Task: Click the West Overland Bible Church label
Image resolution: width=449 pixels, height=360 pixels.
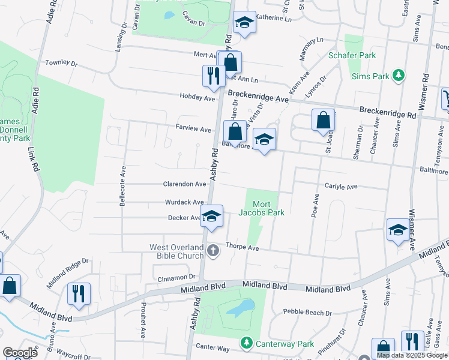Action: pos(177,251)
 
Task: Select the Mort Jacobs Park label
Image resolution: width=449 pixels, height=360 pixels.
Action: pos(264,208)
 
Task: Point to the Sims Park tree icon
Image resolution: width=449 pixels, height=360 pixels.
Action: pos(397,75)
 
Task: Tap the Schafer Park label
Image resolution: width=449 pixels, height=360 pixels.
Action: pos(352,56)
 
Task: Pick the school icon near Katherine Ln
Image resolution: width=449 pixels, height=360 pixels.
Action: pos(243,23)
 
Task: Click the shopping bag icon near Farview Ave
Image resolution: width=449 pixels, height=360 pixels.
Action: pos(235,131)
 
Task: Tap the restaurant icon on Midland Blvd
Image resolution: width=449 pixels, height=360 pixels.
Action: pos(79,293)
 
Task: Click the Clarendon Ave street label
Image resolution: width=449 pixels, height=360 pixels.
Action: pos(185,184)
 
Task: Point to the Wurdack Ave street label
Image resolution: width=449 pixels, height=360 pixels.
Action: pos(186,203)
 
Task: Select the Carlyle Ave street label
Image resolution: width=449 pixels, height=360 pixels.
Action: pos(340,187)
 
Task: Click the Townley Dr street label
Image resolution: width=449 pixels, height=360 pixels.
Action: pos(61,63)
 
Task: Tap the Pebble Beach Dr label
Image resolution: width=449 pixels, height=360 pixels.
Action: pos(307,313)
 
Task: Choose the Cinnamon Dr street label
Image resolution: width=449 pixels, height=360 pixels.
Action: pos(176,277)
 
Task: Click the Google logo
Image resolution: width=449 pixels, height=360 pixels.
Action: pos(20,353)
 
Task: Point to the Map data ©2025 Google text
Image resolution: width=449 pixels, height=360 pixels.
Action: pos(411,355)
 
